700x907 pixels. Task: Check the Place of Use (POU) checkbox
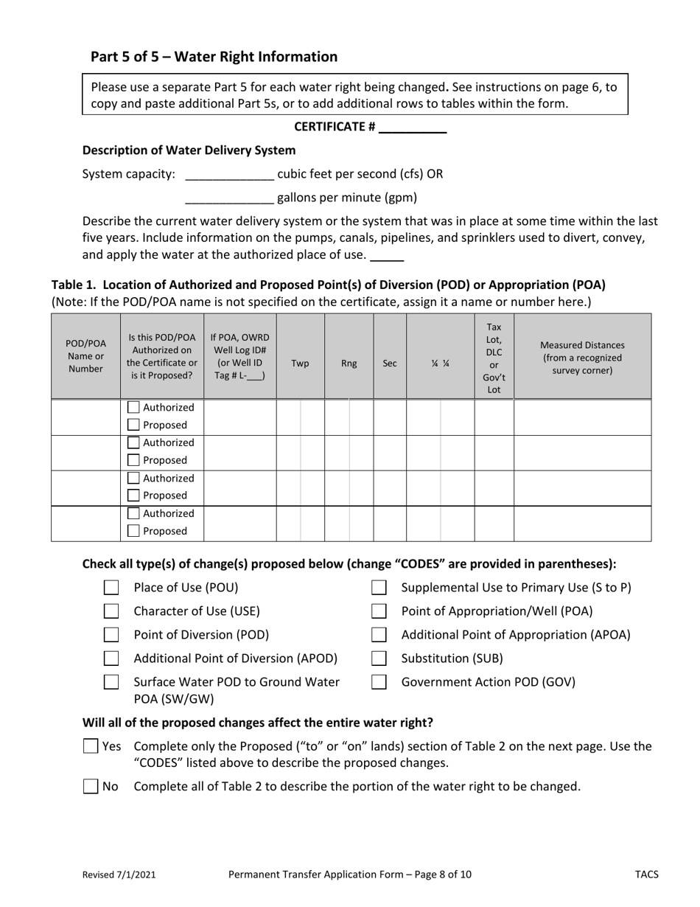click(x=111, y=588)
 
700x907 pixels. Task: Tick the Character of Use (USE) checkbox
click(x=111, y=611)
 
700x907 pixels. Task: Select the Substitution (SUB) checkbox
click(x=379, y=658)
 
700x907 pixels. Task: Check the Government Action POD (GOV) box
click(x=379, y=682)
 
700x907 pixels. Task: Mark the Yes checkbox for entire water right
click(x=91, y=746)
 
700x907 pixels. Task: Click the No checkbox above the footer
click(x=91, y=786)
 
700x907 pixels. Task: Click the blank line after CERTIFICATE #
click(x=413, y=128)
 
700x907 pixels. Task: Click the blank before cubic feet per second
click(x=230, y=176)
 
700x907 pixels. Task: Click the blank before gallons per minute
click(x=230, y=199)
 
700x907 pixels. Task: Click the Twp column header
click(x=301, y=364)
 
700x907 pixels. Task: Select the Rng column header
click(x=349, y=364)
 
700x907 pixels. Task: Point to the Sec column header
click(x=391, y=364)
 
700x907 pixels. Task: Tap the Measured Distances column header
click(x=582, y=357)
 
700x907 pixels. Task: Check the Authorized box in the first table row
click(x=133, y=407)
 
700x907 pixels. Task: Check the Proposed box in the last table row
click(x=133, y=531)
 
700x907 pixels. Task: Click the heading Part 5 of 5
click(x=214, y=57)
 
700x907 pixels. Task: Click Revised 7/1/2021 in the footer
click(x=119, y=875)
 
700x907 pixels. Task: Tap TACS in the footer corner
click(x=647, y=875)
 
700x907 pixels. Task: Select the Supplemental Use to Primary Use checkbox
click(x=379, y=588)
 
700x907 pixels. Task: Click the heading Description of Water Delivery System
click(x=189, y=150)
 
